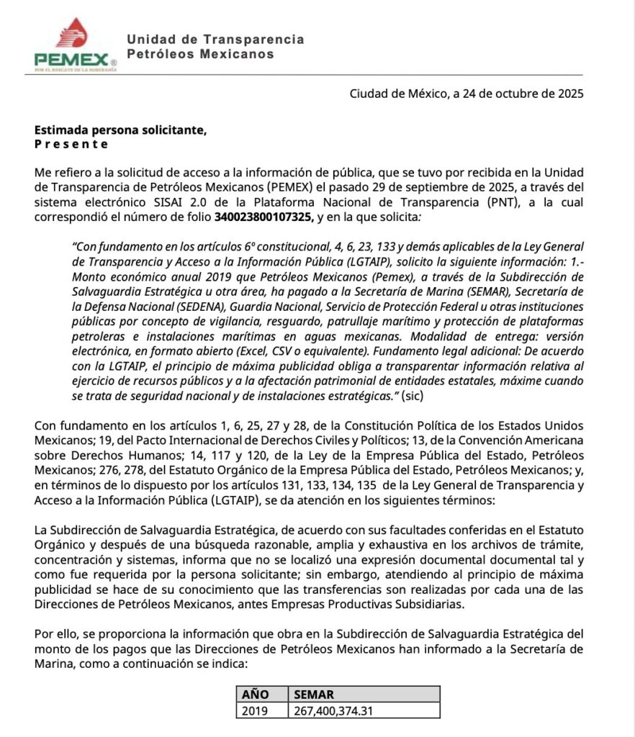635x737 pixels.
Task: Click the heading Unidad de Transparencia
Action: click(215, 40)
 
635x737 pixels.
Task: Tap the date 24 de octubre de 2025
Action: click(517, 94)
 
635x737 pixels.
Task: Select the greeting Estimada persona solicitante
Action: click(120, 130)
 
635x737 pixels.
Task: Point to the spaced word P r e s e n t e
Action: click(71, 144)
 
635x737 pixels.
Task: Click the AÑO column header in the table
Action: click(256, 694)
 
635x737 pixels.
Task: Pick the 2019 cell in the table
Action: click(255, 710)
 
